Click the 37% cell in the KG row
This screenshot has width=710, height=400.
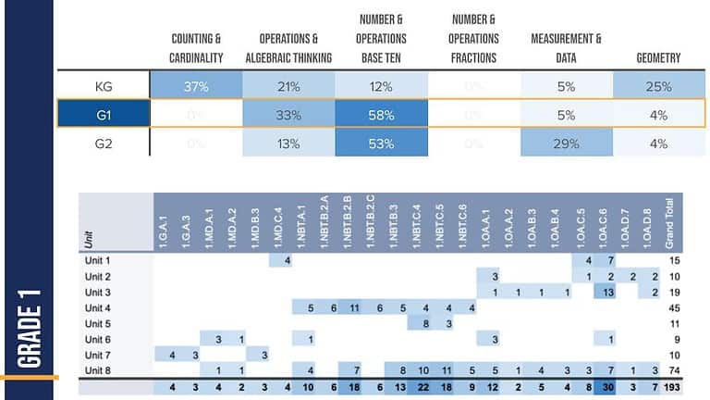coord(196,86)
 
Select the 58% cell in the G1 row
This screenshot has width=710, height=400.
coord(381,115)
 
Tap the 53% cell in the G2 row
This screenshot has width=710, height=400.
coord(381,144)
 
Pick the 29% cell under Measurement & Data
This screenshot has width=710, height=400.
coord(566,144)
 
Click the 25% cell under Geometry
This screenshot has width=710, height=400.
coord(658,86)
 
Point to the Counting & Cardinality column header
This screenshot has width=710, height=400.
coord(196,48)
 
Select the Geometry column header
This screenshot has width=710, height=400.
coord(658,57)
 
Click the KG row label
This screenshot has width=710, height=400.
coord(104,86)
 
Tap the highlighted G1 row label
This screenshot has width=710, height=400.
coord(104,115)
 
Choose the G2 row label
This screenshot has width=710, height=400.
coord(104,144)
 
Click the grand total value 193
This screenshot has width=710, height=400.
coord(672,387)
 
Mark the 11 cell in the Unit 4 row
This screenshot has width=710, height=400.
coord(355,308)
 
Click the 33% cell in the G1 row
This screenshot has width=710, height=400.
coord(288,115)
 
